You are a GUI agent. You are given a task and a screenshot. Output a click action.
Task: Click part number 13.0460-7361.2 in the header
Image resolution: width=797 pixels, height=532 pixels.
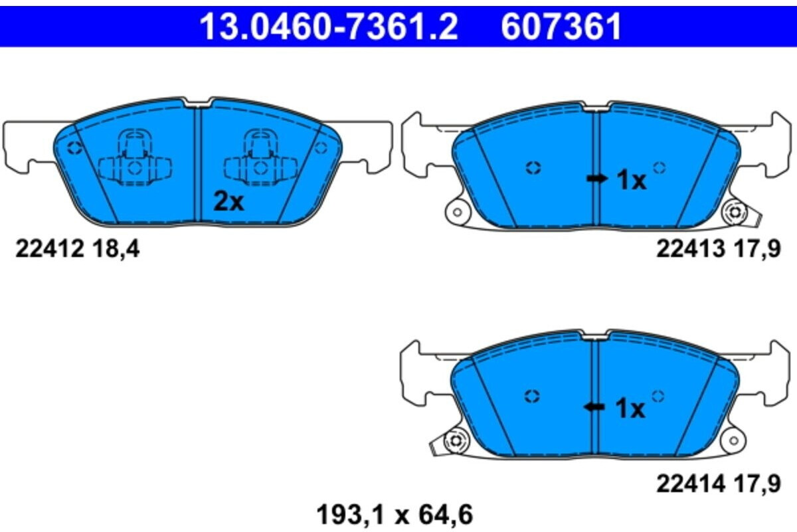coord(329,27)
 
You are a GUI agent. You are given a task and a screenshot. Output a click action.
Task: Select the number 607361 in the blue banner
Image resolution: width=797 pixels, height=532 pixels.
coord(561,27)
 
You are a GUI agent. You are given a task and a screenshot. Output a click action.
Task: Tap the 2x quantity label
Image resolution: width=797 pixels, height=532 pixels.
coord(228,201)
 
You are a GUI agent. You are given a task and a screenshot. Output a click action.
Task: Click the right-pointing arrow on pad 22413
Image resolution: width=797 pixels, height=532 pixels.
coord(596,178)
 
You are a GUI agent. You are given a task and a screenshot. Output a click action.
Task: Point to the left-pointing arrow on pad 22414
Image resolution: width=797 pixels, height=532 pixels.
coord(594,407)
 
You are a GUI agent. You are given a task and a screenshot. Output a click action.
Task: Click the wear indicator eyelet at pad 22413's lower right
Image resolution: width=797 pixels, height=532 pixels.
coord(735,213)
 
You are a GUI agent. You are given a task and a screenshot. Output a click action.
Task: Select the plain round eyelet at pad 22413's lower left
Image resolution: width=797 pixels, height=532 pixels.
coord(456,213)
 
